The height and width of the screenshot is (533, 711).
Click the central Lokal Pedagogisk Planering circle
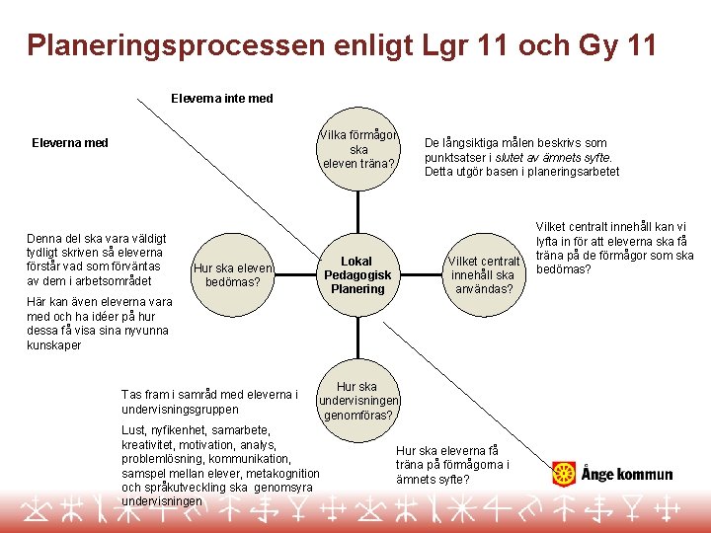point(357,275)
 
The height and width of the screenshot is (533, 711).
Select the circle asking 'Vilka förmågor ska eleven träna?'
point(358,150)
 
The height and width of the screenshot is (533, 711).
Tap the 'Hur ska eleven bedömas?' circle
point(232,274)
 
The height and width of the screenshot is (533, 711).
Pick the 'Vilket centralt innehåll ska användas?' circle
point(483,274)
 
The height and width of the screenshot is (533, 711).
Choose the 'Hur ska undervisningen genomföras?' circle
point(356,401)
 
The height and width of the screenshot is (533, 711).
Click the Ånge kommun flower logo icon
point(563,474)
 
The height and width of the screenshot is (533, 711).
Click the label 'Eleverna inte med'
point(221,99)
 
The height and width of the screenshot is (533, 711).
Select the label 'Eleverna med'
point(69,143)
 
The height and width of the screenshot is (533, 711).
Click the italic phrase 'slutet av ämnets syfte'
point(554,158)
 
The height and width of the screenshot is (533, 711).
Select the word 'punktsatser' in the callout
point(454,158)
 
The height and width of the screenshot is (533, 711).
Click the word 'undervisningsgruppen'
point(179,409)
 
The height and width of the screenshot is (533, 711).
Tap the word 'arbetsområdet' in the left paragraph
point(125,280)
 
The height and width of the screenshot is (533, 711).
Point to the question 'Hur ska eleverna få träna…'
point(452,465)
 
